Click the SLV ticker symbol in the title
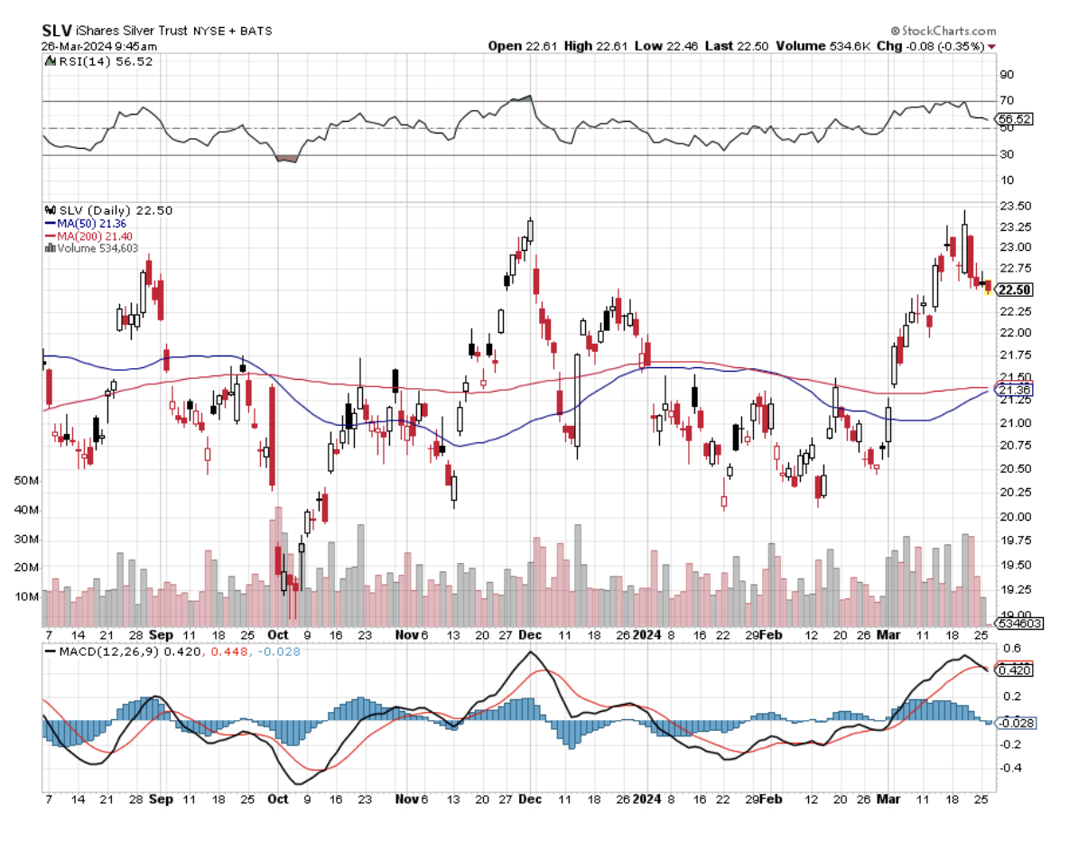click(57, 30)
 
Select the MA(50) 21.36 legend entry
click(87, 222)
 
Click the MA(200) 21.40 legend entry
click(89, 235)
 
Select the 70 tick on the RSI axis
click(1006, 100)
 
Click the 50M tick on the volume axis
click(28, 482)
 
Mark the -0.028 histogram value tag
click(1015, 723)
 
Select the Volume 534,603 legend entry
click(97, 247)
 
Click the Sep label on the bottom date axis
click(162, 799)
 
